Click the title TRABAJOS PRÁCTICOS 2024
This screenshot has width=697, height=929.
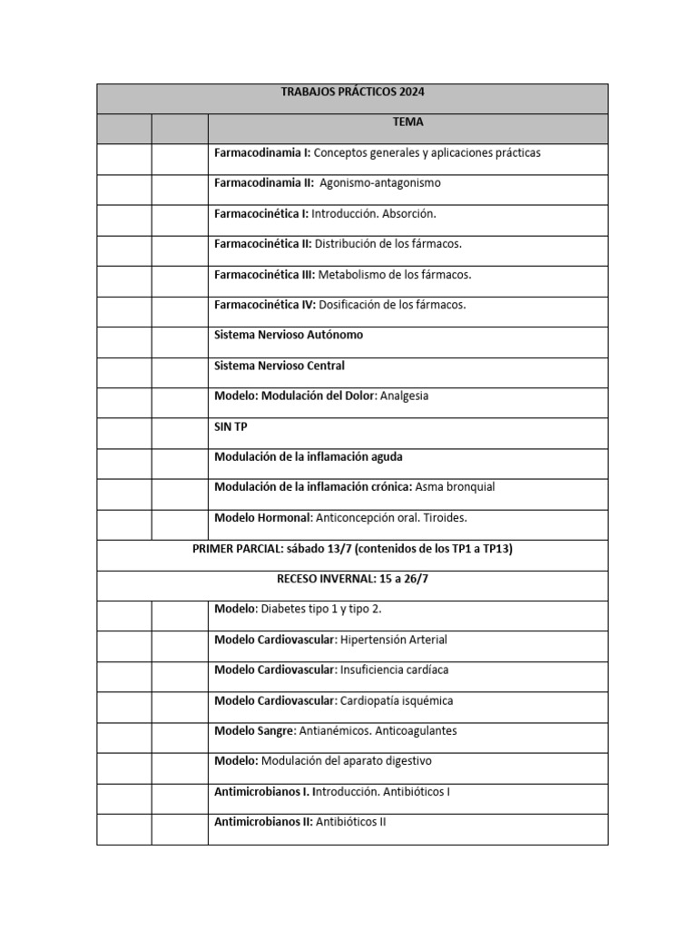click(x=352, y=93)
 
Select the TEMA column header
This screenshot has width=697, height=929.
click(x=407, y=122)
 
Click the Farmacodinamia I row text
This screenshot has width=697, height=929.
click(x=377, y=152)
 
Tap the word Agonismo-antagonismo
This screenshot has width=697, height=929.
click(x=380, y=182)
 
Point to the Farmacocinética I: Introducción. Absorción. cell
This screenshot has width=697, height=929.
click(x=325, y=213)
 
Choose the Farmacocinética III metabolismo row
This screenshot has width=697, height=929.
click(x=342, y=274)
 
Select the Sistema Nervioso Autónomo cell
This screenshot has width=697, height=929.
click(x=289, y=335)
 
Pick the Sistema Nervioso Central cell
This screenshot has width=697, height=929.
click(x=280, y=366)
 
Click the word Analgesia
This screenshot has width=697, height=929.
click(x=404, y=396)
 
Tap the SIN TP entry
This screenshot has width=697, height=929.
click(x=231, y=426)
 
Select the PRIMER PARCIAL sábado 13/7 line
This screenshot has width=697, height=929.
click(x=352, y=549)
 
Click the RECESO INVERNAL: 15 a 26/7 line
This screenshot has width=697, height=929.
click(x=352, y=579)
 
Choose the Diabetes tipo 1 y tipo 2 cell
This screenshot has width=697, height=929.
click(x=304, y=609)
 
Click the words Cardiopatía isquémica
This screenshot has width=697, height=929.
click(x=396, y=700)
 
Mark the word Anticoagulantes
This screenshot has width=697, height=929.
click(x=414, y=730)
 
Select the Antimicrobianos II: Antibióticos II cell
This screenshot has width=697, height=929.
click(x=300, y=822)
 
